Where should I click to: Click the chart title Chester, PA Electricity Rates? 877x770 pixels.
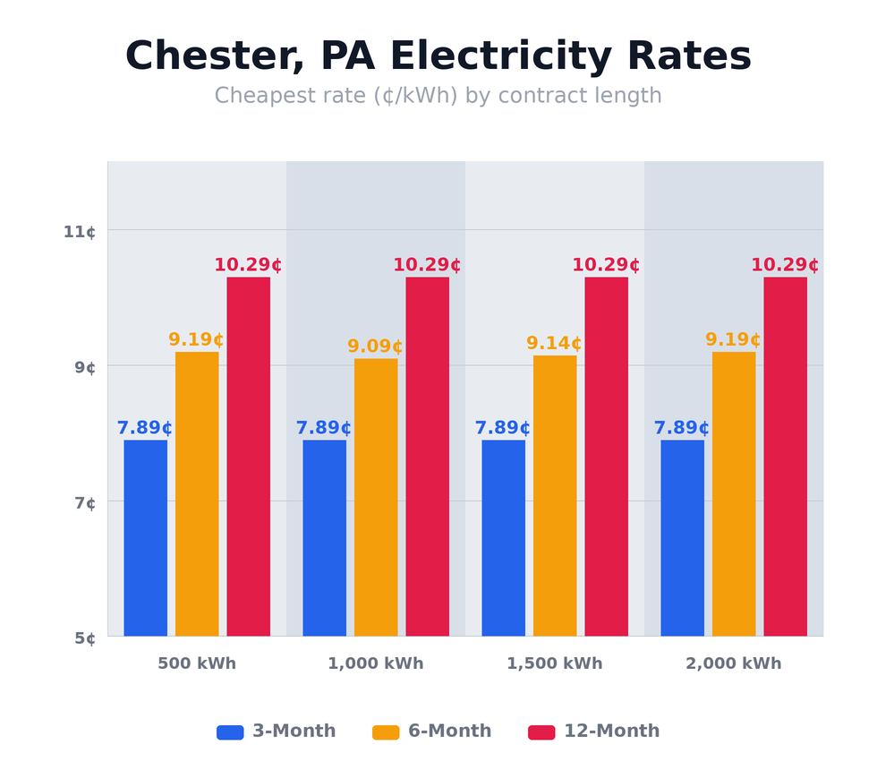click(438, 57)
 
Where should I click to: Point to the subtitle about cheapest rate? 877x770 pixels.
click(438, 96)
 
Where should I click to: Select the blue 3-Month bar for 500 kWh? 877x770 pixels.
click(145, 537)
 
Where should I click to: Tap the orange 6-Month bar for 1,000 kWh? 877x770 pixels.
click(376, 497)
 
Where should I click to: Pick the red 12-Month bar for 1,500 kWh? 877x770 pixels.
click(606, 457)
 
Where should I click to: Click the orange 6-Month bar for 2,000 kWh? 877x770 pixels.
click(734, 493)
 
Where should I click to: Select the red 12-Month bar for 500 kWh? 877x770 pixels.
click(248, 457)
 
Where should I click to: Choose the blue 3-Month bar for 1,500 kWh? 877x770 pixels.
click(503, 537)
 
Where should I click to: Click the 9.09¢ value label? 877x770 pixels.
click(375, 346)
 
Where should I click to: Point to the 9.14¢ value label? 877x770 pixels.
click(554, 344)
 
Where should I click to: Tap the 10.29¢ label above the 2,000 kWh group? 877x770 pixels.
click(785, 265)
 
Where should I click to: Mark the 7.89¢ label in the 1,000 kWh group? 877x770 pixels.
click(323, 428)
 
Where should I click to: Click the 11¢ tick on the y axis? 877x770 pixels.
click(79, 232)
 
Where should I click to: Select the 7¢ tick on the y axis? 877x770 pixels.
click(85, 503)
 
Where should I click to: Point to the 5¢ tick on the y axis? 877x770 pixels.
click(85, 638)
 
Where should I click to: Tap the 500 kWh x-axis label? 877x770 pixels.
click(197, 663)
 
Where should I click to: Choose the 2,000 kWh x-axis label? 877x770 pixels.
click(734, 663)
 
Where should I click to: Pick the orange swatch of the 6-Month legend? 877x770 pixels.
click(386, 732)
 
